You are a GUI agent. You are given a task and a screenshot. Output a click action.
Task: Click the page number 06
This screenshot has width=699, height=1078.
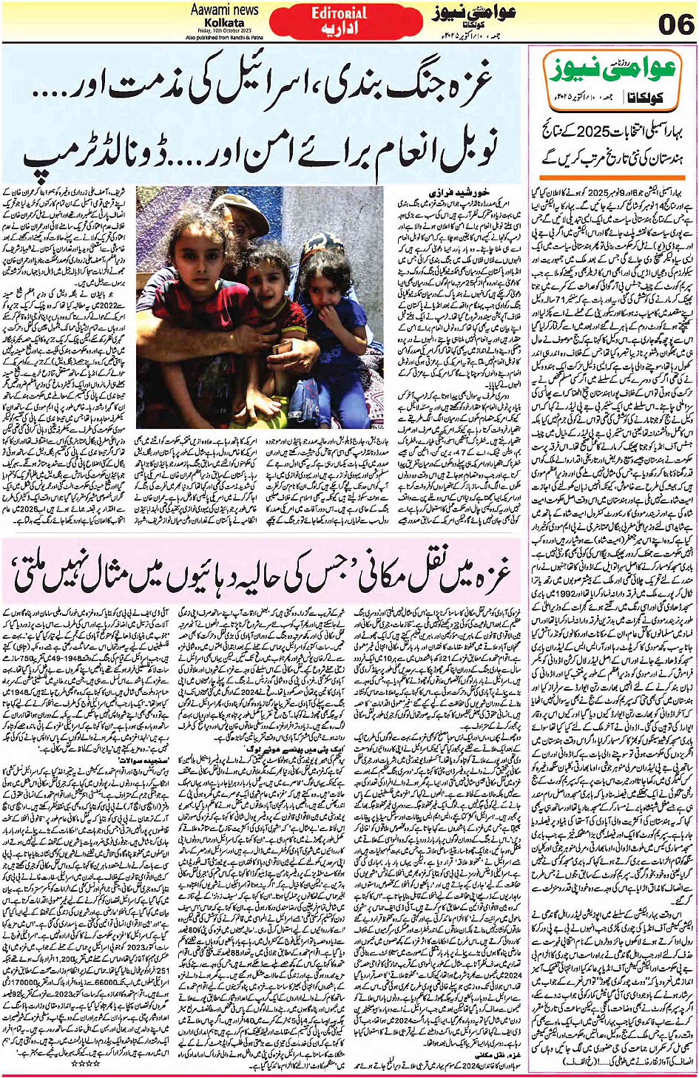675,24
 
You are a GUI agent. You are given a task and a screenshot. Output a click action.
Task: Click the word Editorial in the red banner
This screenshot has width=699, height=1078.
339,13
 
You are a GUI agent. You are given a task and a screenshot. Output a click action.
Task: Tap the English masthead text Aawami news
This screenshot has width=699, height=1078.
224,10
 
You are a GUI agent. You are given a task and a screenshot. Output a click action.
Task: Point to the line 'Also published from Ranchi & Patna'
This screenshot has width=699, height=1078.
225,36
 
